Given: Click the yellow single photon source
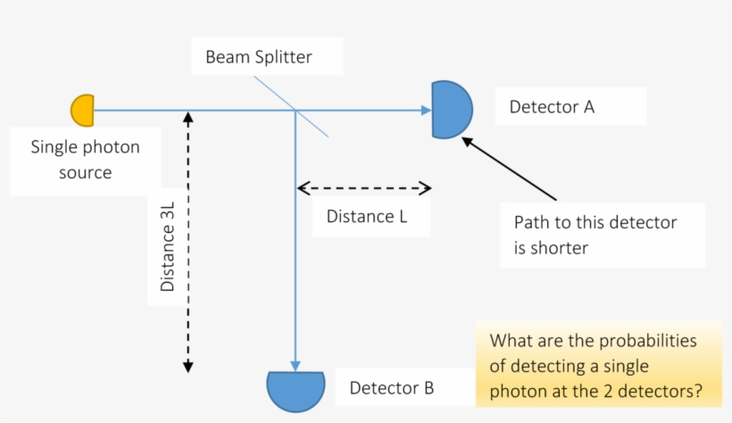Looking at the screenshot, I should pyautogui.click(x=83, y=110).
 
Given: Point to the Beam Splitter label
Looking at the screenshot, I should pyautogui.click(x=259, y=58).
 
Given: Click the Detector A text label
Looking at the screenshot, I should pyautogui.click(x=552, y=107).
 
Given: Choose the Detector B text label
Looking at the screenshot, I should pyautogui.click(x=391, y=388).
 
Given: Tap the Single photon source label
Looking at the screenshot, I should pyautogui.click(x=85, y=160).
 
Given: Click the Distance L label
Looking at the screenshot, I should pyautogui.click(x=367, y=216).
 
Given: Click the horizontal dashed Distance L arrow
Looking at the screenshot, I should pyautogui.click(x=364, y=188).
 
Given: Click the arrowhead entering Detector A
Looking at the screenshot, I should pyautogui.click(x=426, y=111).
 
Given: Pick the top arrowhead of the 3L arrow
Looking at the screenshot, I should pyautogui.click(x=187, y=115).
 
